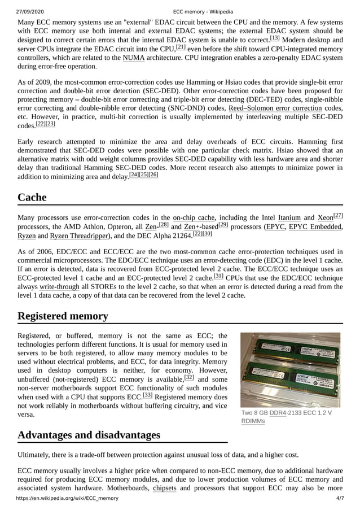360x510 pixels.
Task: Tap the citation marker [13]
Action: [x=275, y=38]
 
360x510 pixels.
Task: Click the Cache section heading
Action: [x=32, y=197]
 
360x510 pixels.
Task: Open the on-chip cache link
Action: [x=194, y=217]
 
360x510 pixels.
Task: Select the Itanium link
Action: [x=289, y=217]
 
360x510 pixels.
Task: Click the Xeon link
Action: [x=325, y=217]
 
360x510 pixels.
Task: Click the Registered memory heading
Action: [x=63, y=316]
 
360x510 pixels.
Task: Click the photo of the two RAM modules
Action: [x=290, y=370]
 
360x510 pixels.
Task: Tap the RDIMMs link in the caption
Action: [x=253, y=421]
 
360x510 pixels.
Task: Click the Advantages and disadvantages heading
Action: [x=89, y=435]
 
